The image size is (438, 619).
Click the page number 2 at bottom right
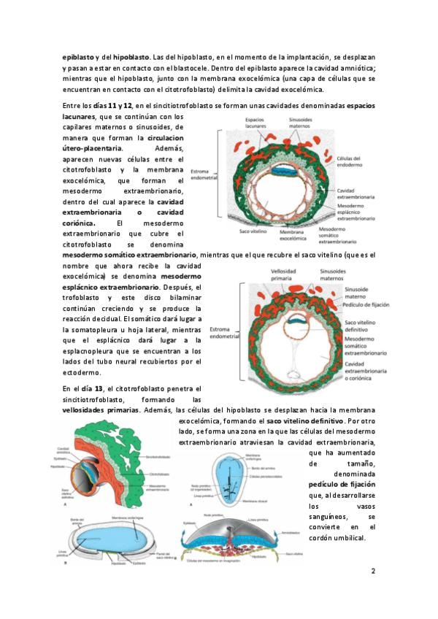tap(372, 571)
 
